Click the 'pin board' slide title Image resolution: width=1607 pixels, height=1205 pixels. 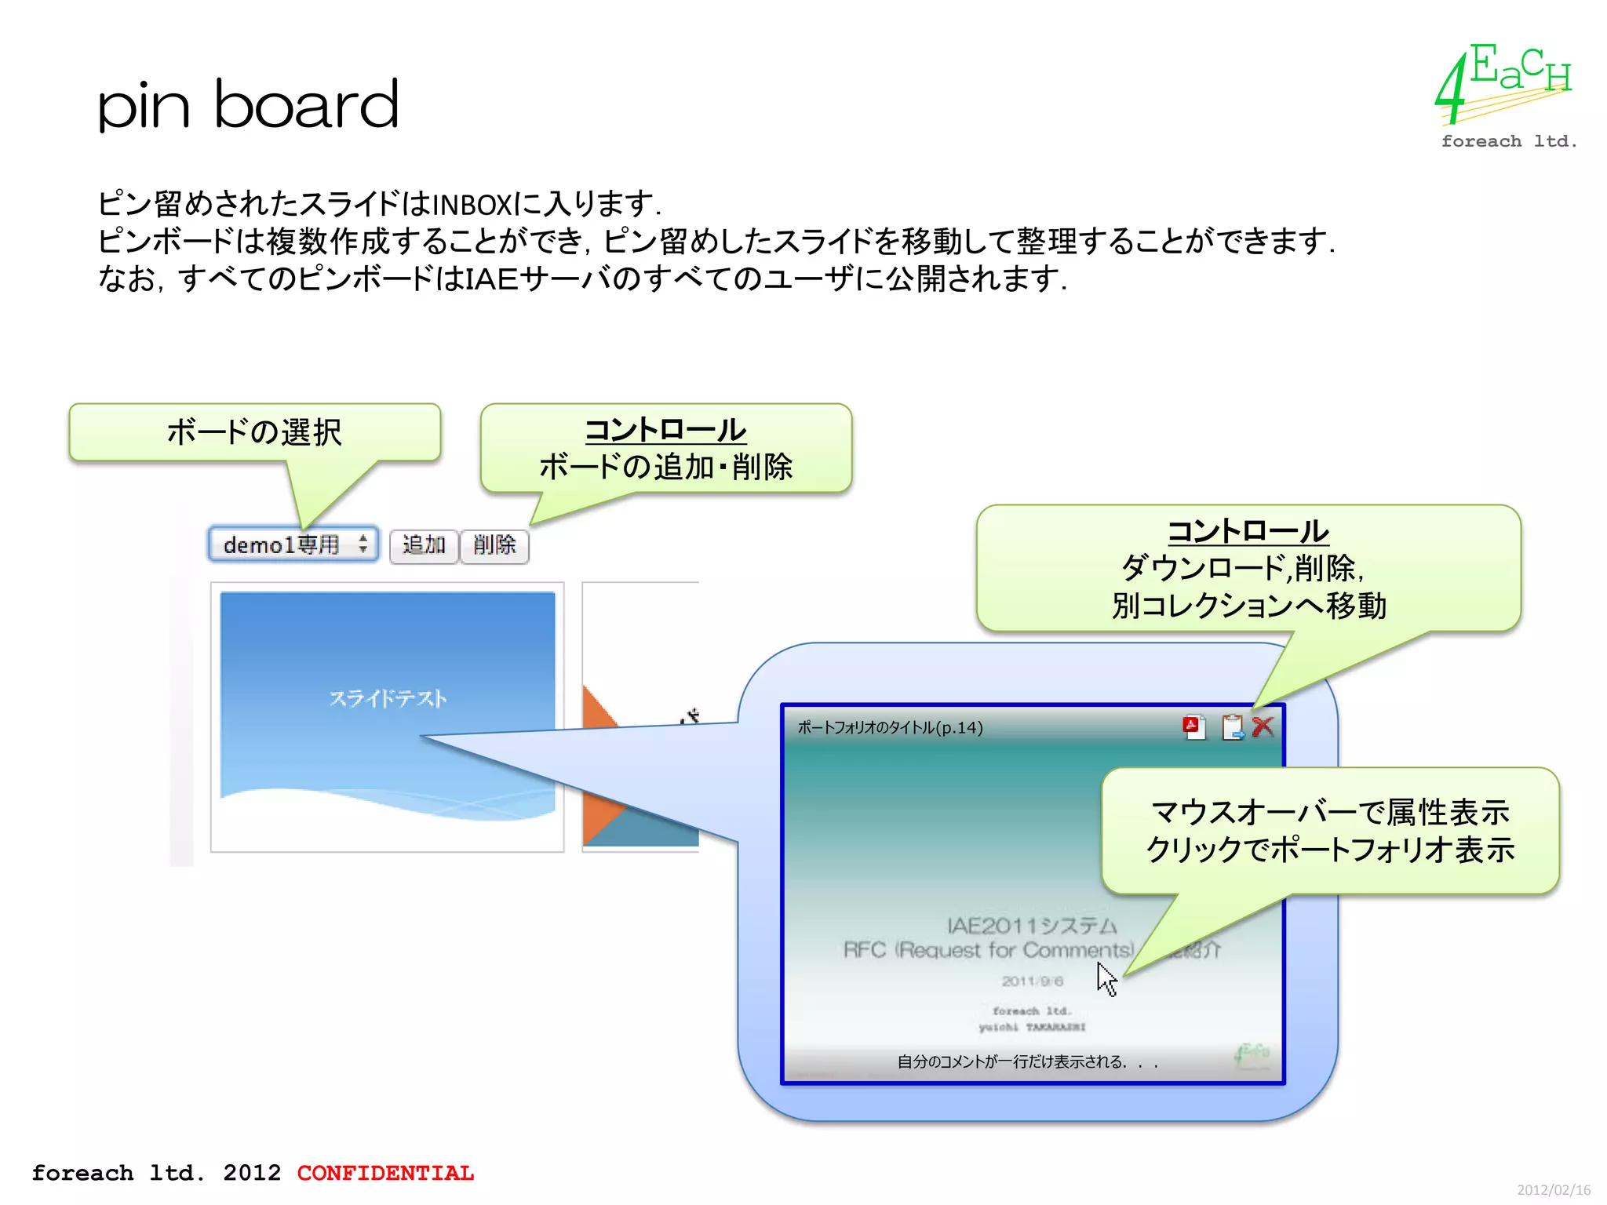tap(248, 105)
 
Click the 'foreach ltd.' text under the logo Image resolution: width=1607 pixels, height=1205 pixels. tap(1508, 142)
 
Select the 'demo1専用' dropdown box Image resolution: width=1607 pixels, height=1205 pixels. tap(293, 544)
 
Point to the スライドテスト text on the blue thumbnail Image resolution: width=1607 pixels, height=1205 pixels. tap(388, 698)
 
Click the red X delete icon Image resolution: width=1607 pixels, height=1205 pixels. tap(1263, 727)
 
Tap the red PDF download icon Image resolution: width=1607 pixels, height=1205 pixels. tap(1193, 727)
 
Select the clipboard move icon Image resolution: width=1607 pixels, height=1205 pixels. tap(1232, 727)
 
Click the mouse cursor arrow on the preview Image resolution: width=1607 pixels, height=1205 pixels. tap(1106, 978)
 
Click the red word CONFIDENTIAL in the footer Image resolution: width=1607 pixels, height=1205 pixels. tap(385, 1173)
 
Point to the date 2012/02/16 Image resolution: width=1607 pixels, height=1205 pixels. tap(1553, 1190)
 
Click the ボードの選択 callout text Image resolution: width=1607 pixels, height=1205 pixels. tap(254, 432)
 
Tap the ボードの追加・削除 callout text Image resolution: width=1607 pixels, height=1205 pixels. tap(665, 468)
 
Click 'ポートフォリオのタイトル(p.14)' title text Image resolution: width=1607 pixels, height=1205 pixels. tap(890, 728)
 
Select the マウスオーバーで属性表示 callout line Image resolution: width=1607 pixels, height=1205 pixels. tap(1329, 813)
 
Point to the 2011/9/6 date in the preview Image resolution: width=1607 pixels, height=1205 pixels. tap(1032, 981)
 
